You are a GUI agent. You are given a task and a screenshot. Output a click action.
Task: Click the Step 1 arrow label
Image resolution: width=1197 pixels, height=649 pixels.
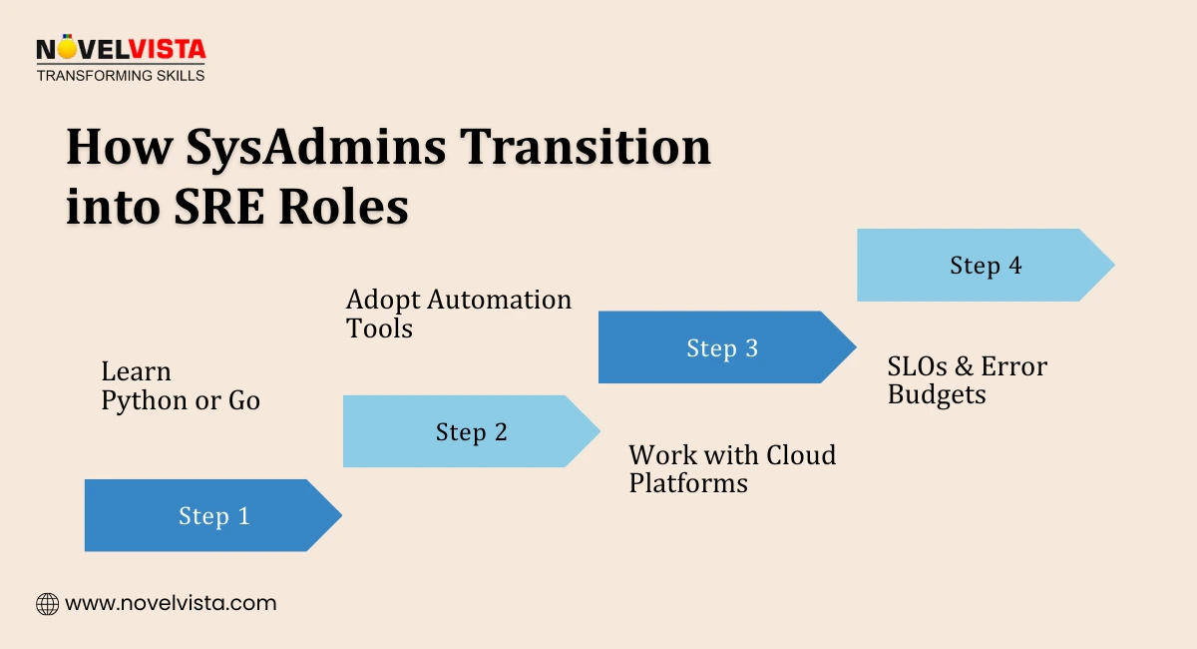(x=213, y=516)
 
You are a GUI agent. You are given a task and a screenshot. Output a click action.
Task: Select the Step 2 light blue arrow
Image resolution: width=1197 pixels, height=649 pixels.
(x=471, y=432)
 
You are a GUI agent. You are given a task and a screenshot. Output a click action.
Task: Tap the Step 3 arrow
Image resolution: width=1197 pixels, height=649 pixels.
(x=722, y=348)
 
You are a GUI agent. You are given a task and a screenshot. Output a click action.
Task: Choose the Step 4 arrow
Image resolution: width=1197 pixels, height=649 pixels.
(x=986, y=266)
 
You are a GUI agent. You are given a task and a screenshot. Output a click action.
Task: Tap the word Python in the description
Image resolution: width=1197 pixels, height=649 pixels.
(x=140, y=400)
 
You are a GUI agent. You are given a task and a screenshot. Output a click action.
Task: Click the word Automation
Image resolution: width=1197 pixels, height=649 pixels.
(x=502, y=300)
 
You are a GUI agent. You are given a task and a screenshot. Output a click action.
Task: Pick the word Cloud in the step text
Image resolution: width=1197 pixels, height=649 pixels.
(x=800, y=455)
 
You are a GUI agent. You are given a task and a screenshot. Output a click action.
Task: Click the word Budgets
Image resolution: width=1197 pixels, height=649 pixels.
(x=937, y=394)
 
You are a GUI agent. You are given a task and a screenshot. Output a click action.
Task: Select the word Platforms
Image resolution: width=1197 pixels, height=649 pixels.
(x=688, y=483)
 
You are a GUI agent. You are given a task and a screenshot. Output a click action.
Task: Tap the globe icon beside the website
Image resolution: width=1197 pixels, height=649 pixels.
(x=47, y=603)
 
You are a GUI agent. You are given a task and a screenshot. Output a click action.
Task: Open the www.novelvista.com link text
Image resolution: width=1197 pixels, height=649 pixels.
(x=171, y=603)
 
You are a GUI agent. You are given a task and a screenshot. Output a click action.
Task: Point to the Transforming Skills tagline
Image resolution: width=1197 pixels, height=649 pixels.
(x=120, y=75)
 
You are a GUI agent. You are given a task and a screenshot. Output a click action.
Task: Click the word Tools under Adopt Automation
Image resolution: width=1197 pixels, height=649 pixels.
(x=379, y=328)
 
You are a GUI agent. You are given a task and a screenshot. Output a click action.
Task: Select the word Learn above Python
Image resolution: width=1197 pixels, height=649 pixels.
(x=136, y=371)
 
